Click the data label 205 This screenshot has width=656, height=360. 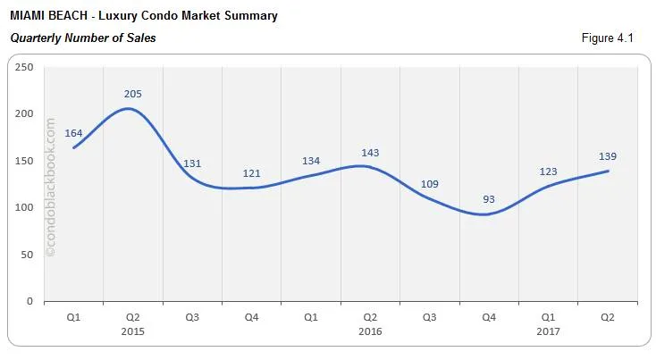(132, 94)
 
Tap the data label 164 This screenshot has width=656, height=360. (73, 133)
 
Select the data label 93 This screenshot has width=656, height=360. (488, 199)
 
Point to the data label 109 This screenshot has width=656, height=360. (429, 184)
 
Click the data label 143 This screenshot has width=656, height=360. (370, 153)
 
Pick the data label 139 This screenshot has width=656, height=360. (607, 156)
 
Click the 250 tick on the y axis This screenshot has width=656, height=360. (25, 67)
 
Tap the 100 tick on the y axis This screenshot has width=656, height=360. (25, 207)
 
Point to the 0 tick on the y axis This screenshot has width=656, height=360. (30, 302)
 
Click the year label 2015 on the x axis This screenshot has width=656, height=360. (132, 331)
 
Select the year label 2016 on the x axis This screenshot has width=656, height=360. (370, 331)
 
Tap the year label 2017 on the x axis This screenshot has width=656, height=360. (548, 331)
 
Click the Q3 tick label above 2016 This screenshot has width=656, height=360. (429, 316)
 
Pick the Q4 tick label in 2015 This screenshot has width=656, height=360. (251, 316)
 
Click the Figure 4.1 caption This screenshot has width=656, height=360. (607, 38)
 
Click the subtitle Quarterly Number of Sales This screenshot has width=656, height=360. (82, 38)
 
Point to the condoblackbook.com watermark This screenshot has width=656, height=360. (50, 188)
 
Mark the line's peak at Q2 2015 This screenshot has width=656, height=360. (130, 109)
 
